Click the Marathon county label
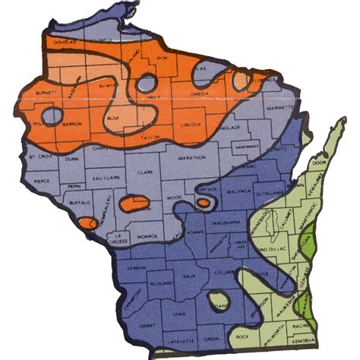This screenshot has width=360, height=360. tap(194, 157)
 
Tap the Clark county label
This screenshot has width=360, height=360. tap(147, 172)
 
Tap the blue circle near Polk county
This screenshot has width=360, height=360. tap(51, 116)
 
